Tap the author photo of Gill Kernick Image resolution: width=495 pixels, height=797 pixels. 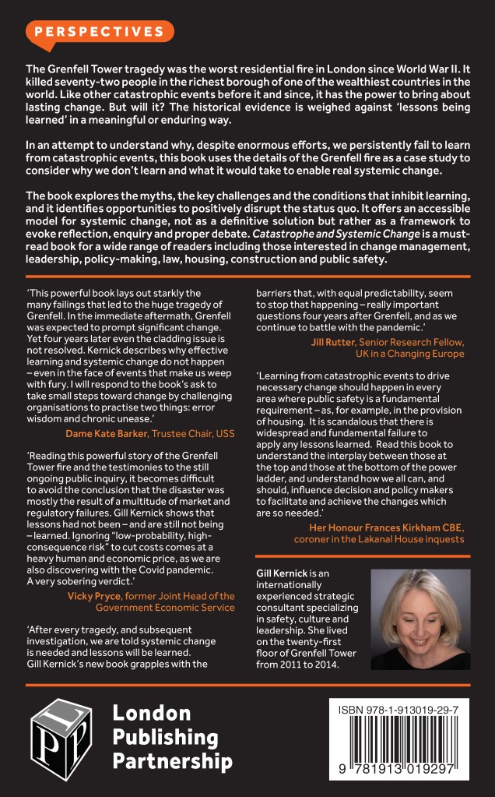pyautogui.click(x=420, y=619)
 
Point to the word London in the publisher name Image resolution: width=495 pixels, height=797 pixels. pyautogui.click(x=152, y=712)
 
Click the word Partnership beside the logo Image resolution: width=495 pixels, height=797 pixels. pyautogui.click(x=172, y=760)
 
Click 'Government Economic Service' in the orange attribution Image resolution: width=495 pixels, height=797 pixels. pyautogui.click(x=165, y=608)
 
